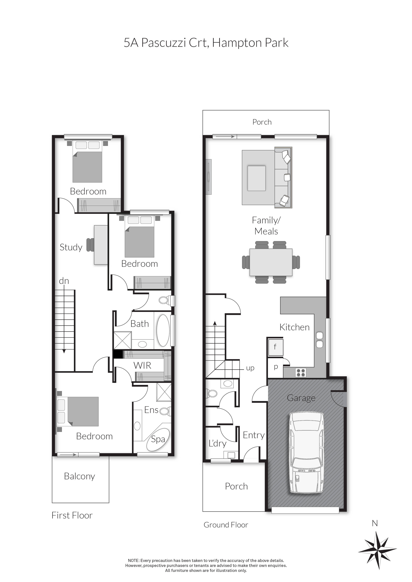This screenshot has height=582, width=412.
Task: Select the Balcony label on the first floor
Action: pyautogui.click(x=79, y=476)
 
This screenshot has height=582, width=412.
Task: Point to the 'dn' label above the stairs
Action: pyautogui.click(x=64, y=281)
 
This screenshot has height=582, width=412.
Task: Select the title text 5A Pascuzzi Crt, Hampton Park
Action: pyautogui.click(x=206, y=43)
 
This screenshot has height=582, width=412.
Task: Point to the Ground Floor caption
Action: pyautogui.click(x=226, y=525)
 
